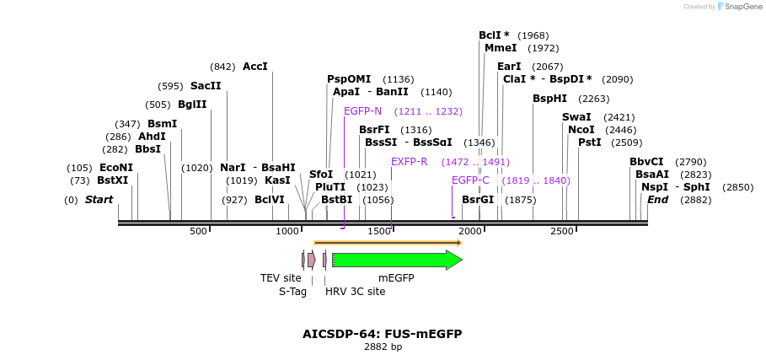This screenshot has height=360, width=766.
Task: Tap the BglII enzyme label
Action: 192,105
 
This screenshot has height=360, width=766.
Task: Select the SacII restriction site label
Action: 206,86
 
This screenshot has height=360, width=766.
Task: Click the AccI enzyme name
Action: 254,67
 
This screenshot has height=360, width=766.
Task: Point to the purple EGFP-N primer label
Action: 362,111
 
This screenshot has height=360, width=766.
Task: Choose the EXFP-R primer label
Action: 410,162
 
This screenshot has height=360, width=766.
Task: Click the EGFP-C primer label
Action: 470,180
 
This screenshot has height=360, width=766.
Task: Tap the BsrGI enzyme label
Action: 478,200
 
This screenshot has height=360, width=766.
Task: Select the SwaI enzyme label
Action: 576,117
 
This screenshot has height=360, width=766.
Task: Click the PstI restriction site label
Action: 590,142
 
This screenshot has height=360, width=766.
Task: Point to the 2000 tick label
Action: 470,231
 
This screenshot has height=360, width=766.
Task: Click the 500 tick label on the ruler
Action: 198,231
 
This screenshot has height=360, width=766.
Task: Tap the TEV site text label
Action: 281,277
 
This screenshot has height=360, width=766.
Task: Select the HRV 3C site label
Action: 355,292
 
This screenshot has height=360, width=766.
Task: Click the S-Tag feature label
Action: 292,292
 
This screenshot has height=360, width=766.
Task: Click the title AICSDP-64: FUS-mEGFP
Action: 383,334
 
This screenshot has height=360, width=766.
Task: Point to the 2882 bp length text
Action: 383,347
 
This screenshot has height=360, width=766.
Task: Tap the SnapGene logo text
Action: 738,6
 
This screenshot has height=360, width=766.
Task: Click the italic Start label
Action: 99,200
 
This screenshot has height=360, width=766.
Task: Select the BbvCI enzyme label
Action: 646,162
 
